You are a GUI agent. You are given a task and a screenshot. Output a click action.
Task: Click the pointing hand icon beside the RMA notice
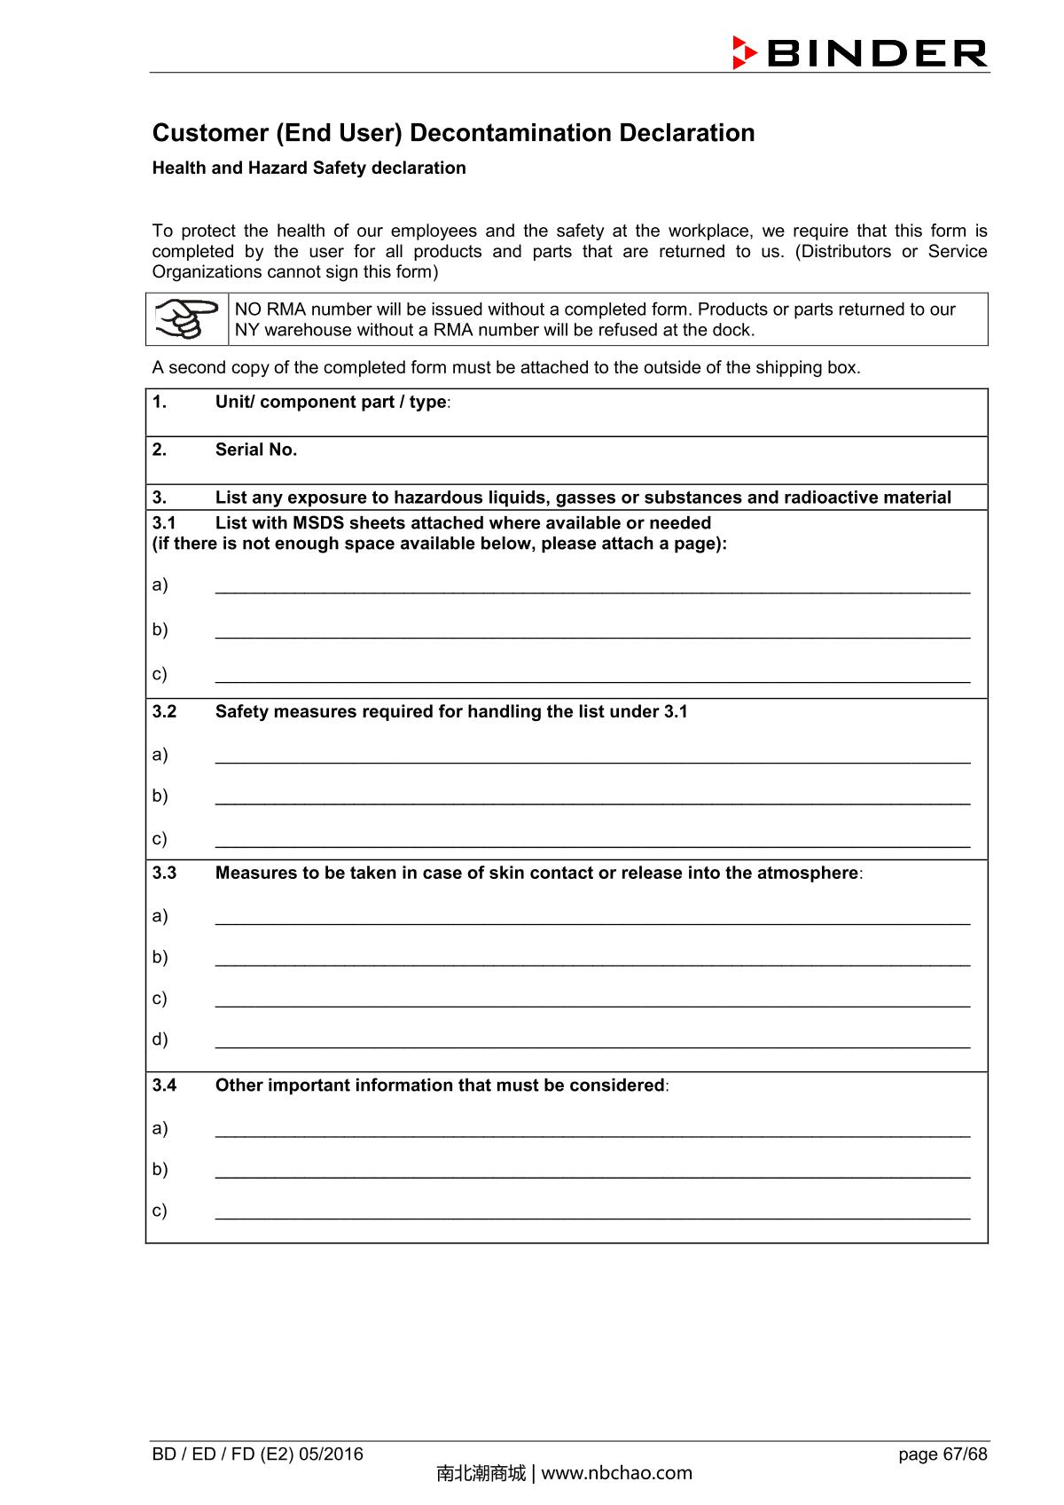pos(186,319)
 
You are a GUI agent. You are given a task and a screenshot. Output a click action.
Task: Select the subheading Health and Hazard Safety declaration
pos(309,168)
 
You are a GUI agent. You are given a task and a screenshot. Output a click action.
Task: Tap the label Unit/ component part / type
pos(331,402)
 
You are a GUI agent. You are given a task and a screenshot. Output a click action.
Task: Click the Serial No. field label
pos(256,450)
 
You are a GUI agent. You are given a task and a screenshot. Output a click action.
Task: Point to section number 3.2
pos(164,711)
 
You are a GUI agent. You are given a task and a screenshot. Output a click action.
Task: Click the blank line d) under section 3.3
pos(592,1041)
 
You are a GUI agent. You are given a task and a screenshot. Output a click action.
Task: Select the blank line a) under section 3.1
pos(592,587)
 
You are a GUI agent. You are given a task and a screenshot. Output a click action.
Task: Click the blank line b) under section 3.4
pos(592,1172)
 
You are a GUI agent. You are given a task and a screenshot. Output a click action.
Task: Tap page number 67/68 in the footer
pos(943,1454)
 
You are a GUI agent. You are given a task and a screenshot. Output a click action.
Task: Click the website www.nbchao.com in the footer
pos(616,1474)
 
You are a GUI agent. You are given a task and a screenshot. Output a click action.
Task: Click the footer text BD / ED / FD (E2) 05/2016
pos(258,1454)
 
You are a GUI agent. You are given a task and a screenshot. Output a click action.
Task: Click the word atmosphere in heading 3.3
pos(807,873)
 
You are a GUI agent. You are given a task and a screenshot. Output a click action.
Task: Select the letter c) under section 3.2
pos(160,838)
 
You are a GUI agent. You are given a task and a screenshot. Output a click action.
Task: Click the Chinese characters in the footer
pos(481,1474)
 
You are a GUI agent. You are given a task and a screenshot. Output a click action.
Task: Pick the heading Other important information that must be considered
pos(440,1086)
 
